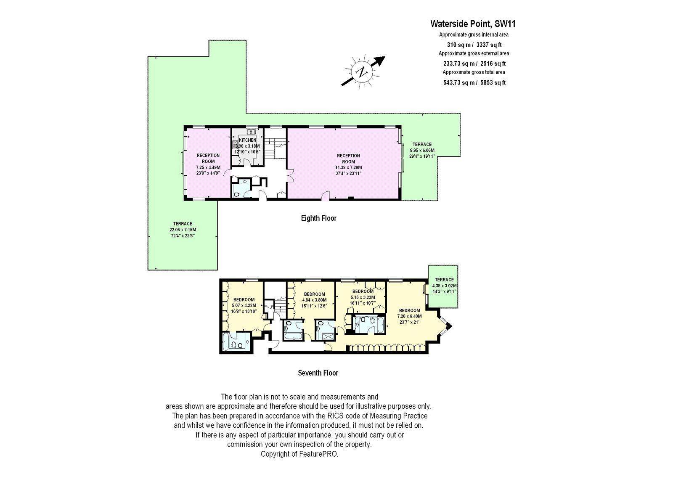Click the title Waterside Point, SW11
[x=473, y=24]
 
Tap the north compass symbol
[x=363, y=72]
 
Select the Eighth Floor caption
[x=318, y=218]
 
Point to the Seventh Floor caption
[x=318, y=373]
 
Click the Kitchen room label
[x=248, y=140]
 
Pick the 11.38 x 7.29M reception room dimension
[x=349, y=167]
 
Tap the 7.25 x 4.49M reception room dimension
[x=208, y=167]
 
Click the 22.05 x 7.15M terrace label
[x=183, y=230]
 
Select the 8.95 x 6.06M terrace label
[x=422, y=150]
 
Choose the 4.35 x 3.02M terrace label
[x=444, y=286]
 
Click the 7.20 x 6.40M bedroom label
[x=409, y=316]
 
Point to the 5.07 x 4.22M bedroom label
[x=244, y=305]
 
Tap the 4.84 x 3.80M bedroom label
[x=314, y=300]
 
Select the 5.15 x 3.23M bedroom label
[x=363, y=297]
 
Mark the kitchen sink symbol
[x=251, y=132]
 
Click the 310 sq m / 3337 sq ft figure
[x=474, y=45]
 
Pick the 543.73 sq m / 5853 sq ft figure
[x=474, y=82]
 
